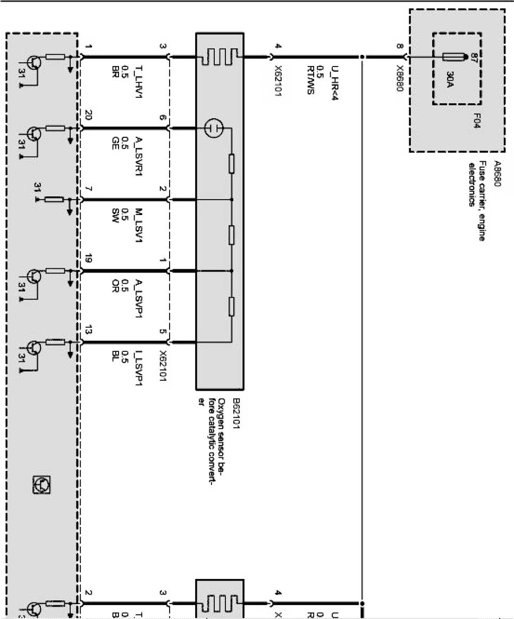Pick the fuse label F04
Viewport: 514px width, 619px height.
coord(476,122)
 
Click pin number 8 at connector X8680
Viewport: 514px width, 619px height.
coord(399,46)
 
